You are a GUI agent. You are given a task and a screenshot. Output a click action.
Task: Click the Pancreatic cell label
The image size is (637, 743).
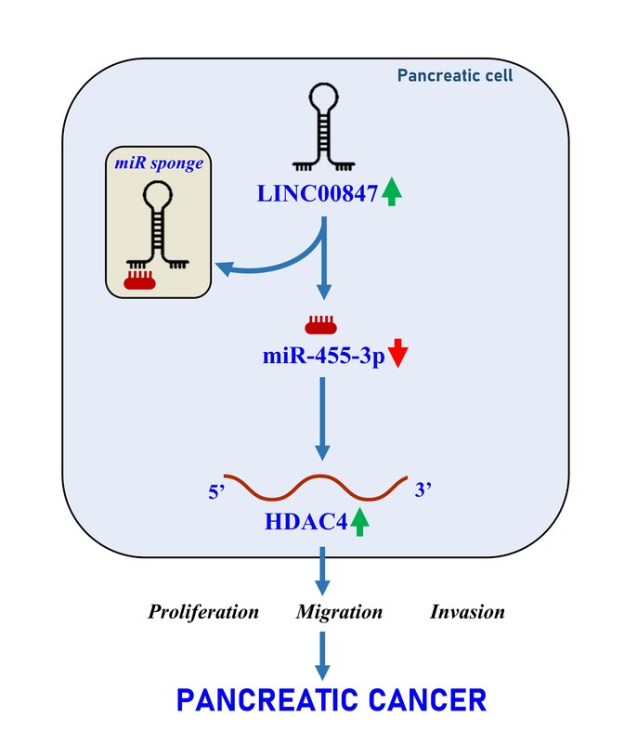455,75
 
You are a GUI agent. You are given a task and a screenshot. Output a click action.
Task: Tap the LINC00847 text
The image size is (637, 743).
318,194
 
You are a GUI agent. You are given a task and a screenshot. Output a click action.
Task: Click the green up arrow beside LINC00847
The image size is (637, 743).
392,191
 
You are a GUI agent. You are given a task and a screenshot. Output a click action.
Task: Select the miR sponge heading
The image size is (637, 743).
159,163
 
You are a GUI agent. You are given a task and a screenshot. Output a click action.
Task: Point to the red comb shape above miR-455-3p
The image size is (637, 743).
320,324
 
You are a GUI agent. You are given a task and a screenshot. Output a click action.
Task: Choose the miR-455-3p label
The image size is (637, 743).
324,357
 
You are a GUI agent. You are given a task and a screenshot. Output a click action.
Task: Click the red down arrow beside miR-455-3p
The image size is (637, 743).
397,353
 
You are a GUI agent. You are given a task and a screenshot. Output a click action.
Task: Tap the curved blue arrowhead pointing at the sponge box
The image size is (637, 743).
224,269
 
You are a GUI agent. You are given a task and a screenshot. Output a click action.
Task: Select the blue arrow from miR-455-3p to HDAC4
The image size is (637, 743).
322,419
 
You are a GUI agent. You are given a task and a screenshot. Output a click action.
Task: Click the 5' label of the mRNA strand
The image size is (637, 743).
216,492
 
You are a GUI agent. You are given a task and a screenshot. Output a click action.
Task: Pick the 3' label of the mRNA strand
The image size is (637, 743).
422,490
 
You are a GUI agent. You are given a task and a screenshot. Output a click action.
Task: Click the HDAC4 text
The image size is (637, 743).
305,522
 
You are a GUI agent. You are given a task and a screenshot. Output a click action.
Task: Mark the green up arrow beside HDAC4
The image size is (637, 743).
360,521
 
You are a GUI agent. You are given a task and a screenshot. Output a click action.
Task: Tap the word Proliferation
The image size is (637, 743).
203,612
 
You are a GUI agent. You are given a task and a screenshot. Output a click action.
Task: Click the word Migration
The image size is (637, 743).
339,612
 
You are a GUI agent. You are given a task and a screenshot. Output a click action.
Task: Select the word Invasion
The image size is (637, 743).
467,612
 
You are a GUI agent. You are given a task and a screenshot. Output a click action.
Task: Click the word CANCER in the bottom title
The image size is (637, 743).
427,700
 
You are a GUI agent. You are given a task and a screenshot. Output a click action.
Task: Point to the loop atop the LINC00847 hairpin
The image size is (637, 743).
323,98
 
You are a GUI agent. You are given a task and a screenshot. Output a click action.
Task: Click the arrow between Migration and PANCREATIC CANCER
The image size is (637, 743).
322,657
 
